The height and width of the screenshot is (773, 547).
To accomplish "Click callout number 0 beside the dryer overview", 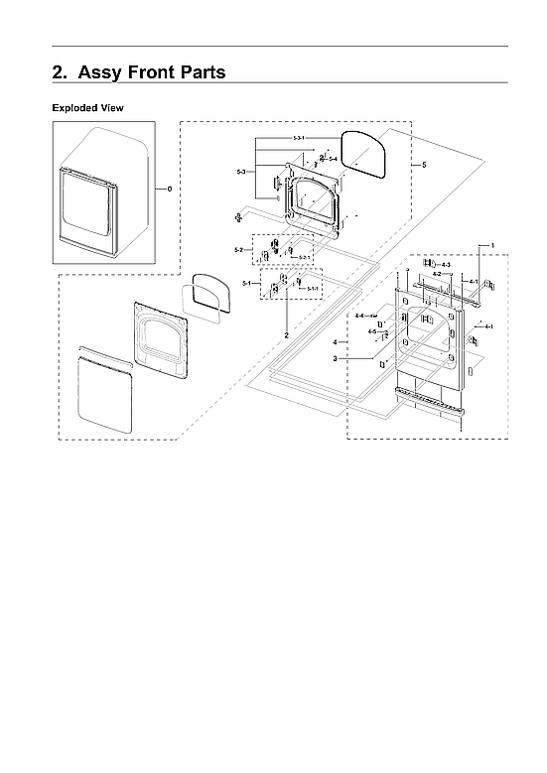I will pos(169,188).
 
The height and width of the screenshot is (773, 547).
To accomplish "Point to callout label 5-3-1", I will pos(298,137).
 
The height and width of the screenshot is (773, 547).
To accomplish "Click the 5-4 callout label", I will pos(333,159).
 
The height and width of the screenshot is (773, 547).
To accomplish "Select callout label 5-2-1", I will pos(305,258).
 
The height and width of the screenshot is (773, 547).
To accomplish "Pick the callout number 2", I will pos(287,335).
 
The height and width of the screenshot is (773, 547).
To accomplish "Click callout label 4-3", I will pos(446,265).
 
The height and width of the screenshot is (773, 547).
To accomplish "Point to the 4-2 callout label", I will pos(437,274).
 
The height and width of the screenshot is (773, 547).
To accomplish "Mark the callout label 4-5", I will pos(371,331).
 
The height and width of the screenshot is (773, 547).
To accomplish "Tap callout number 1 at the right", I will pos(490,244).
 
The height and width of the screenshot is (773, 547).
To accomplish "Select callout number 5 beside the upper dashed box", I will pos(424,164).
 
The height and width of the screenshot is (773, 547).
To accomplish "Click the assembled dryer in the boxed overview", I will pos(102,195).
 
